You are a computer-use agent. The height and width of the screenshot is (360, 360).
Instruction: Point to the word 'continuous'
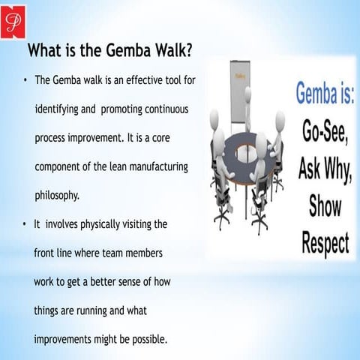[x=165, y=109]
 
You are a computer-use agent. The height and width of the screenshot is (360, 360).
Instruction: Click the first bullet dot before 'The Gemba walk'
[x=25, y=80]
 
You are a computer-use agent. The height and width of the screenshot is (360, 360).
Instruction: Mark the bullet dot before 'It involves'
[x=25, y=223]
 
